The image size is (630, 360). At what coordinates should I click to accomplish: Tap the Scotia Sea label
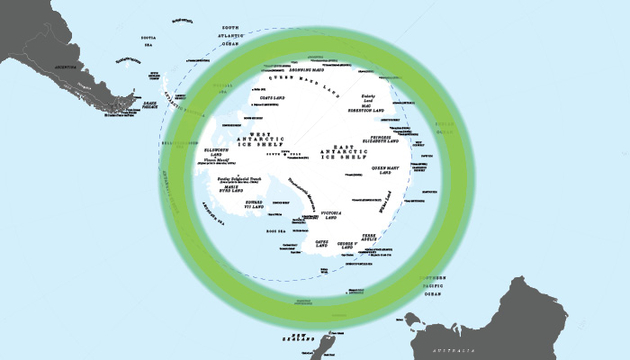pyautogui.click(x=149, y=42)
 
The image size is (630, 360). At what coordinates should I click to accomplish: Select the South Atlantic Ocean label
pyautogui.click(x=231, y=35)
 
